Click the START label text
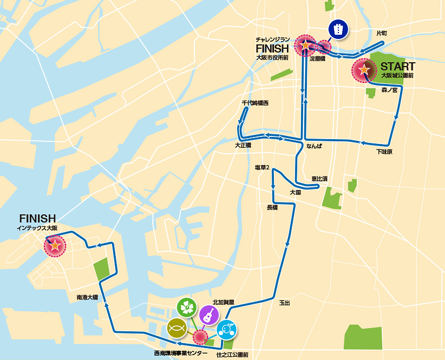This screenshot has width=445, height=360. pyautogui.click(x=397, y=67)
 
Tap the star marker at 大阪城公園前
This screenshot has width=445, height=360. pyautogui.click(x=364, y=70)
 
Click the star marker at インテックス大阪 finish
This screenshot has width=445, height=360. pyautogui.click(x=54, y=245)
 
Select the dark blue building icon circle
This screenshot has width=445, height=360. pyautogui.click(x=338, y=30)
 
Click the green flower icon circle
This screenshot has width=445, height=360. pyautogui.click(x=187, y=307)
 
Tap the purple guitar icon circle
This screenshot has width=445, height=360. pyautogui.click(x=208, y=315)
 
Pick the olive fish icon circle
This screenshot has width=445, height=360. pyautogui.click(x=176, y=328)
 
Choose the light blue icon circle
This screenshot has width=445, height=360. pyautogui.click(x=226, y=329)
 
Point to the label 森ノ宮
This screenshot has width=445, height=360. pyautogui.click(x=389, y=90)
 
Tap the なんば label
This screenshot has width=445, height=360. pyautogui.click(x=314, y=146)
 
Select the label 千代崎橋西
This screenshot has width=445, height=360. pyautogui.click(x=255, y=103)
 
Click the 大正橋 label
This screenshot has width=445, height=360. pyautogui.click(x=243, y=146)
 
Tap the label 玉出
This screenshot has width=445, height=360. pyautogui.click(x=284, y=303)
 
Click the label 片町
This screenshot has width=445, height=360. pyautogui.click(x=382, y=34)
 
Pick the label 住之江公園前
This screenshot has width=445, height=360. pyautogui.click(x=232, y=355)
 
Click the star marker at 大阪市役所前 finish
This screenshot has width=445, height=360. pyautogui.click(x=305, y=45)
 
